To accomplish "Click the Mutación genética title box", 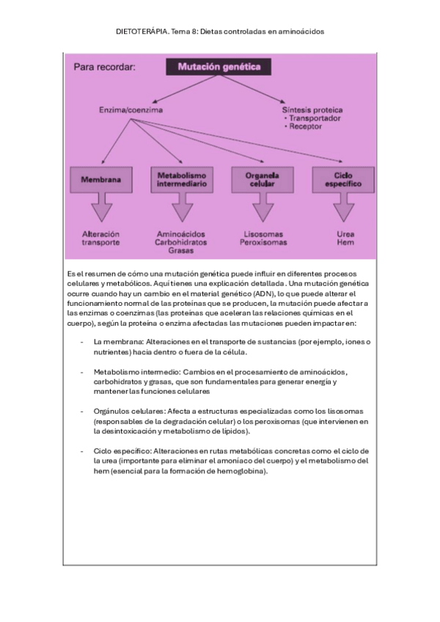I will [x=219, y=67].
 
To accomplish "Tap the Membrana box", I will [x=100, y=178].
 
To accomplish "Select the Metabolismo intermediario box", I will [x=182, y=178].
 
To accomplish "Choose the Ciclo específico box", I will [x=342, y=178].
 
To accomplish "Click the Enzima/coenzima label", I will [x=131, y=110].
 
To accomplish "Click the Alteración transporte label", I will [x=100, y=237].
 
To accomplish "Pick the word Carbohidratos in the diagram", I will [x=181, y=241].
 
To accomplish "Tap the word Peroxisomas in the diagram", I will [x=263, y=241].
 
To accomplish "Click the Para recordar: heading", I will [x=105, y=67].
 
